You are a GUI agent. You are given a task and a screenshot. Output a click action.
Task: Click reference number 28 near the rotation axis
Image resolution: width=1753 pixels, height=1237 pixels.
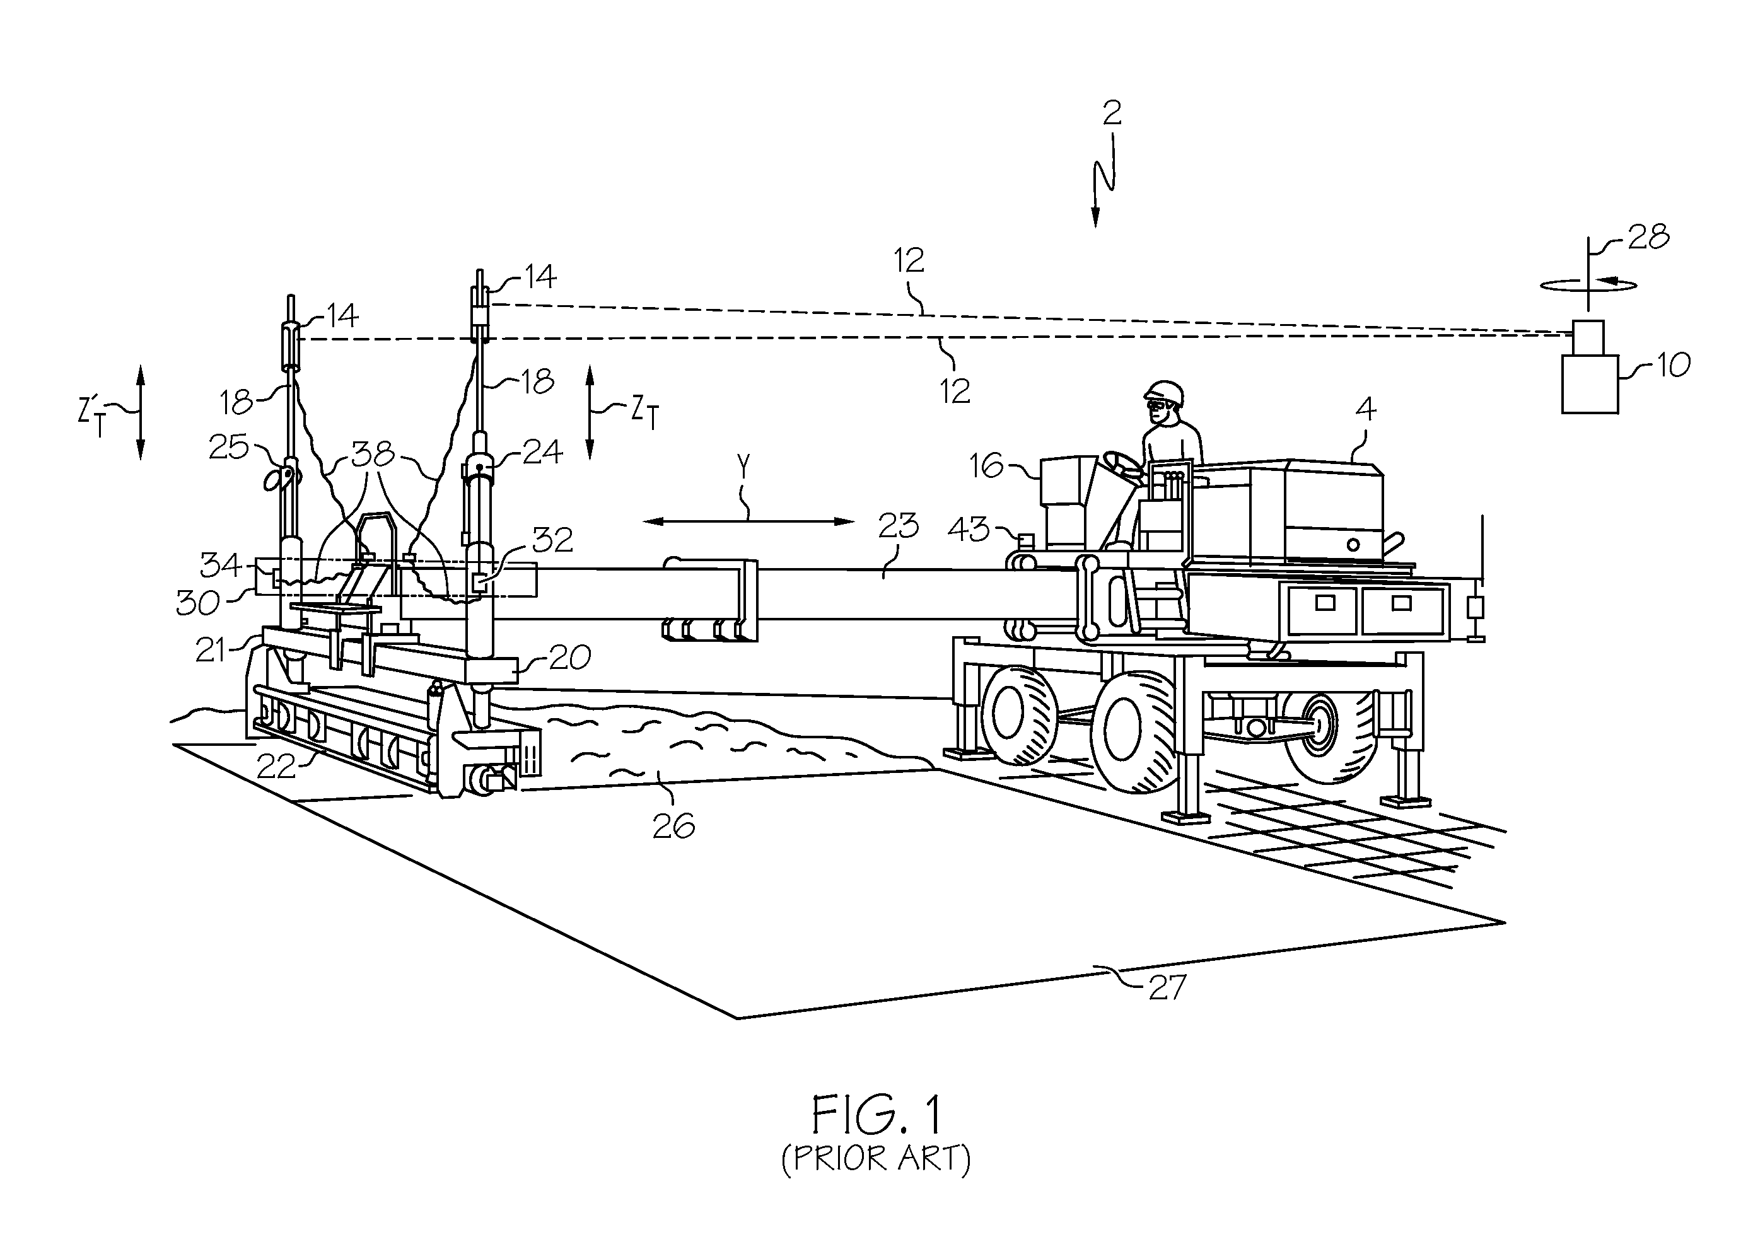tap(1648, 238)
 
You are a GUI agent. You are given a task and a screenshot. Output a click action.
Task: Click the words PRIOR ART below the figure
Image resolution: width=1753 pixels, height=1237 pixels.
tap(876, 1158)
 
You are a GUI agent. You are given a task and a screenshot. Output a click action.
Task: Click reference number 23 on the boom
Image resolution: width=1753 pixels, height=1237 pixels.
tap(898, 525)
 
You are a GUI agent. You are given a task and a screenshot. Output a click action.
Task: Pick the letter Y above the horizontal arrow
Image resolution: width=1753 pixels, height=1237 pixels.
tap(745, 465)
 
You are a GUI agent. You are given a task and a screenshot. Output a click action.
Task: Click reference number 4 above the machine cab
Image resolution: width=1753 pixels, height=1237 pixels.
tap(1365, 409)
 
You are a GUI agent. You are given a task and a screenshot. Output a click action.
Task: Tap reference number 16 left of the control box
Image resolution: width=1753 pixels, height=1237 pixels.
tap(986, 465)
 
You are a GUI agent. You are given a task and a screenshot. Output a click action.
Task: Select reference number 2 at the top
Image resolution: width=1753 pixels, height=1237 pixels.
tap(1112, 113)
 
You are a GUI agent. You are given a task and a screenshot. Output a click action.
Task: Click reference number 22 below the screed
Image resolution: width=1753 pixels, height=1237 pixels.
tap(276, 767)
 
